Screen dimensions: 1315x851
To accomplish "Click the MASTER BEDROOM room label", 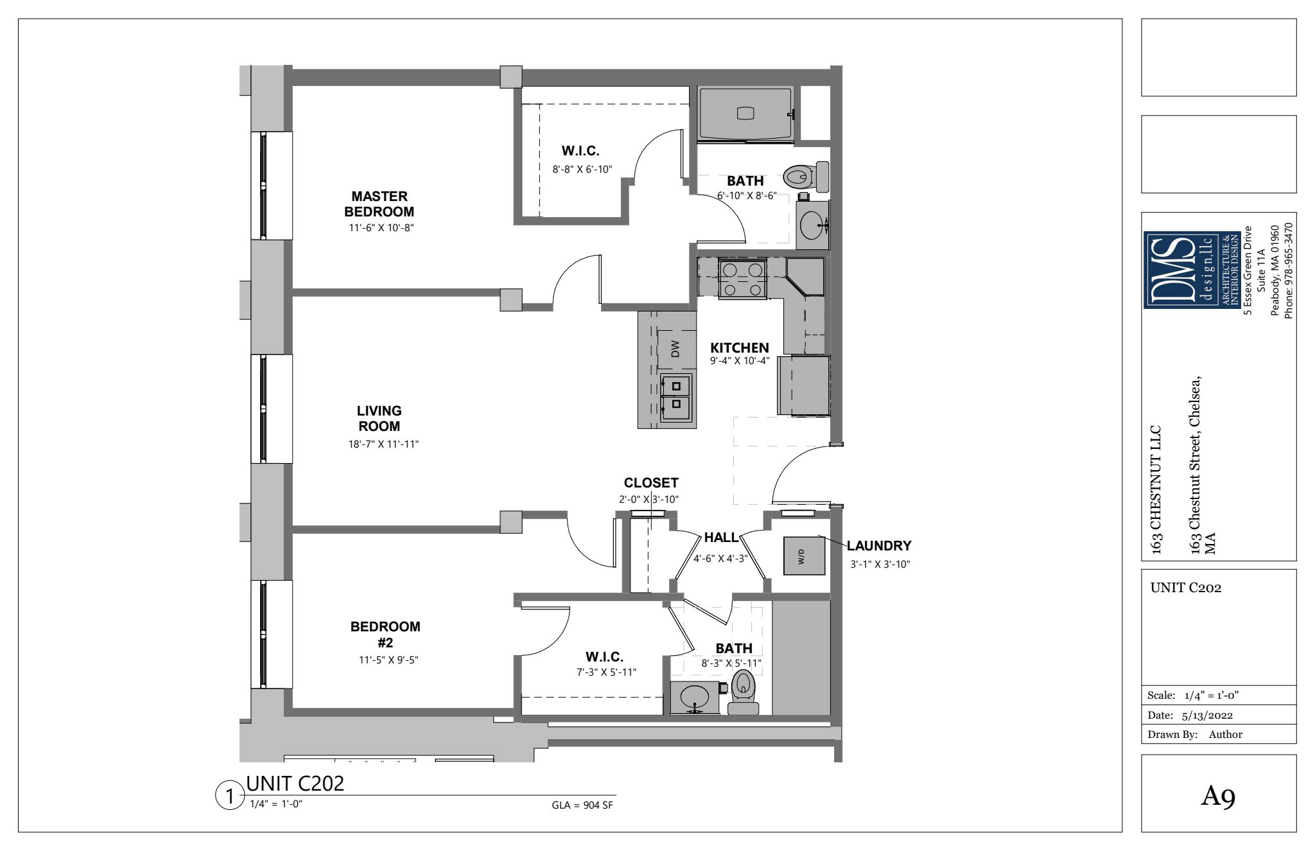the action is pos(379,204).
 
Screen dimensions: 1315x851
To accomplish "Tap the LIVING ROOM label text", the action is pos(379,418).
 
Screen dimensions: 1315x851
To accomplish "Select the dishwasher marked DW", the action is pos(675,350).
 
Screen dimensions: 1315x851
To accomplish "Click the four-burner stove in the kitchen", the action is pos(743,279).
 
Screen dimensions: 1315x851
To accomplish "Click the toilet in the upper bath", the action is pos(806,177).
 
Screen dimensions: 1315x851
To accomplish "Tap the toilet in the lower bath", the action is pos(743,692).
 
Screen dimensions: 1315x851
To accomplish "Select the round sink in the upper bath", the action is pos(814,225).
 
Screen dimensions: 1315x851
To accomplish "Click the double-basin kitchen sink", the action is pos(676,395).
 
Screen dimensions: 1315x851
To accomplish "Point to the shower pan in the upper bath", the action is pos(745,114).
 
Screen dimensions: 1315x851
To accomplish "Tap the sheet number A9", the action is pos(1219,796).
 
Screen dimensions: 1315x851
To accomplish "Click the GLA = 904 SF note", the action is pos(582,805).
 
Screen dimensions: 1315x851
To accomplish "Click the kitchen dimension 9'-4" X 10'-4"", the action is pos(740,360).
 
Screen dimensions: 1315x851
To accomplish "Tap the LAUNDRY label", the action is pos(879,546).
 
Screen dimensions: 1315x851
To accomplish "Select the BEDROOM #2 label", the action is pos(385,634).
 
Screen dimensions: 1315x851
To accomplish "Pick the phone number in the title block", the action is pos(1287,270).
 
